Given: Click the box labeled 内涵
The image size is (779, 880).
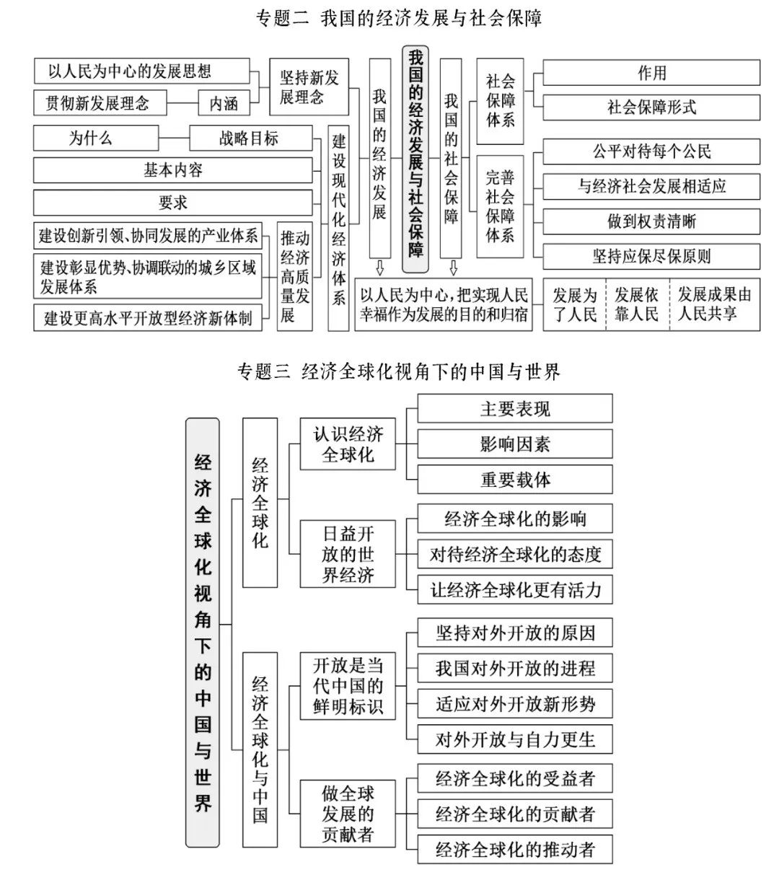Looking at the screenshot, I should coord(224,103).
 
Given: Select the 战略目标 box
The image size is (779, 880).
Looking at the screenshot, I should coord(250,138).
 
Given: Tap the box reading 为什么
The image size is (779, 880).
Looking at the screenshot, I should coord(91,138).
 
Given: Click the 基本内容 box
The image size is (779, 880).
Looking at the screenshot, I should coord(173,170).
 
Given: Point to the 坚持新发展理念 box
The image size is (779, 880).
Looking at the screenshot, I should coord(309,87).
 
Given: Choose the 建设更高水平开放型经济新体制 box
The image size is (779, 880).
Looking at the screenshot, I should coord(148,318).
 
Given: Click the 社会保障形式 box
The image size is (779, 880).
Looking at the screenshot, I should coord(651,108).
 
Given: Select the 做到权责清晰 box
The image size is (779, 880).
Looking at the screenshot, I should coord(651,221).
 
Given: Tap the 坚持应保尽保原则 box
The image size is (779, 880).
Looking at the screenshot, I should coord(651,257).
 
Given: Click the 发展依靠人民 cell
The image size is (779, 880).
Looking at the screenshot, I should coord(637,304).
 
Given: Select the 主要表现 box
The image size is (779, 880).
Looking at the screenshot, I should coord(515,409).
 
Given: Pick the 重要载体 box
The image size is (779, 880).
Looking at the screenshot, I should coord(515,480).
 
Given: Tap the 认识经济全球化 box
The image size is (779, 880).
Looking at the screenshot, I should coord(348,444).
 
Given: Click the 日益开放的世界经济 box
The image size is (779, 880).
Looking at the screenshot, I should coord(348,554).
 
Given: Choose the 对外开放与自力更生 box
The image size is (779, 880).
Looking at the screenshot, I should coord(515,739).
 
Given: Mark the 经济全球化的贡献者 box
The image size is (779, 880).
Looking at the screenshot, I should coord(515,814).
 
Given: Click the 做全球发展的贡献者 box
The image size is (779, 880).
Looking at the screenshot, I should coord(348,814).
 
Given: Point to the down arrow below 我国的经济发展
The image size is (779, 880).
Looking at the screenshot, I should coord(380,269).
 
